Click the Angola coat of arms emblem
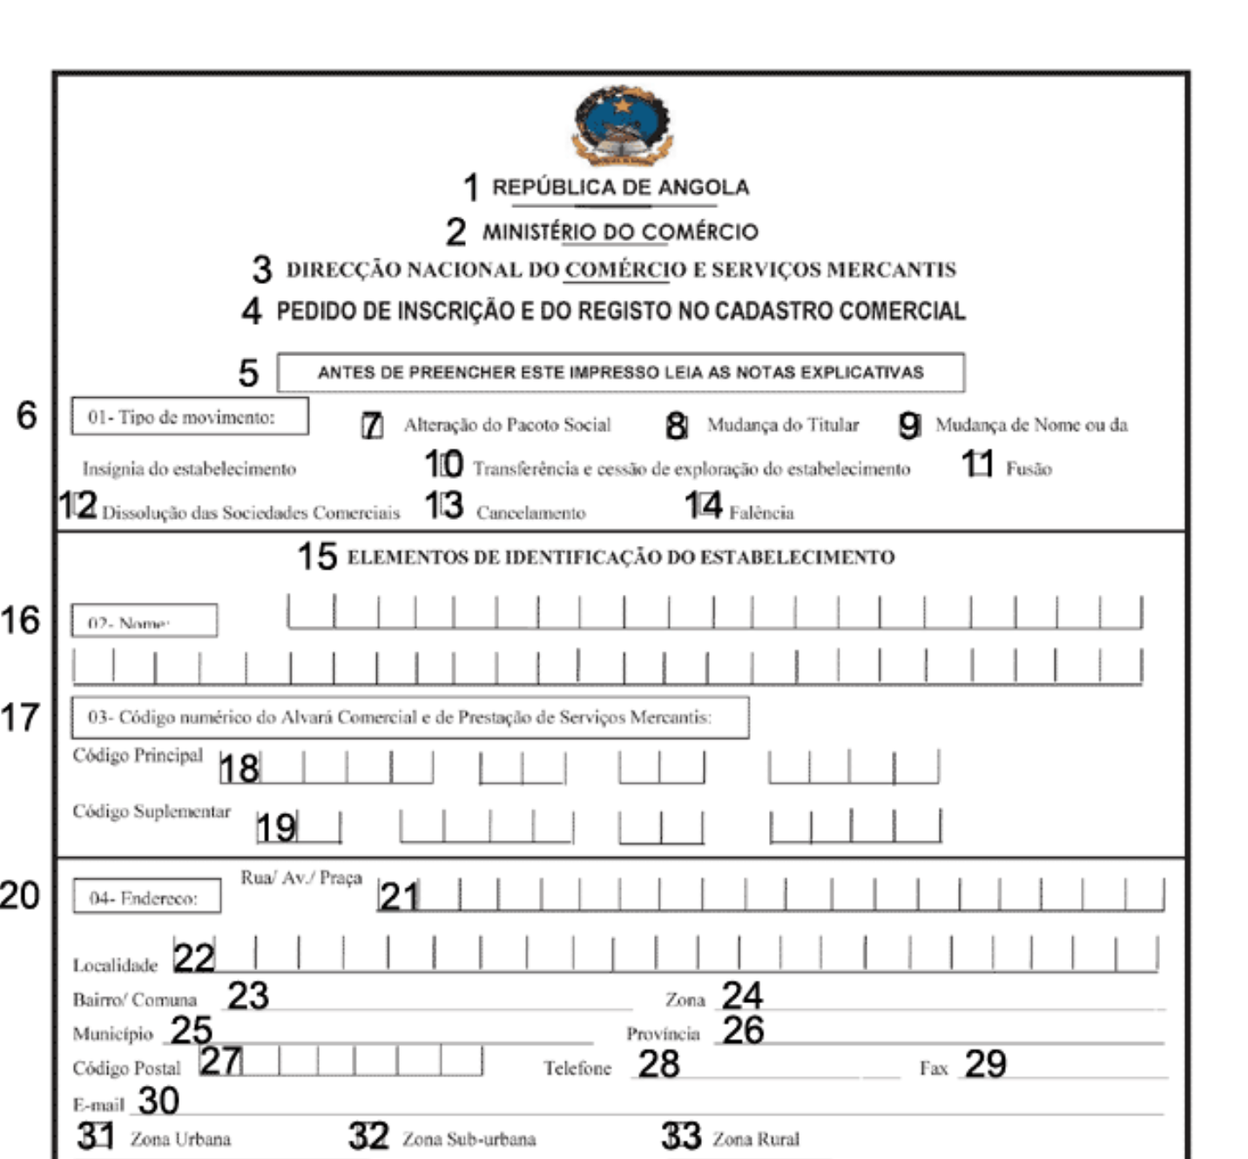[622, 125]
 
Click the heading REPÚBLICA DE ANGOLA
[620, 187]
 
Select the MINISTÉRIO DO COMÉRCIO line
[620, 232]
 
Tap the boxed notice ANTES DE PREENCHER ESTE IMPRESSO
[620, 373]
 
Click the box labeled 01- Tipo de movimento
[189, 416]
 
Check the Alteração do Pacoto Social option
[507, 425]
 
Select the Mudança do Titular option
[782, 425]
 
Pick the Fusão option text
[1029, 469]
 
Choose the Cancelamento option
[530, 513]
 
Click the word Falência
[761, 513]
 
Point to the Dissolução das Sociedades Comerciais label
[251, 513]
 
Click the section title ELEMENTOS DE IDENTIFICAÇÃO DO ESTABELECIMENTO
[620, 557]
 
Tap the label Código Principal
[138, 755]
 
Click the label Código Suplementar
[152, 812]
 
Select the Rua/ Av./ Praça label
[301, 878]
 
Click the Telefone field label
[577, 1068]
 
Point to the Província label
[663, 1034]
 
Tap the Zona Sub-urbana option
[469, 1139]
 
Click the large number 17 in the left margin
[20, 718]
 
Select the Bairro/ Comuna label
[134, 1000]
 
